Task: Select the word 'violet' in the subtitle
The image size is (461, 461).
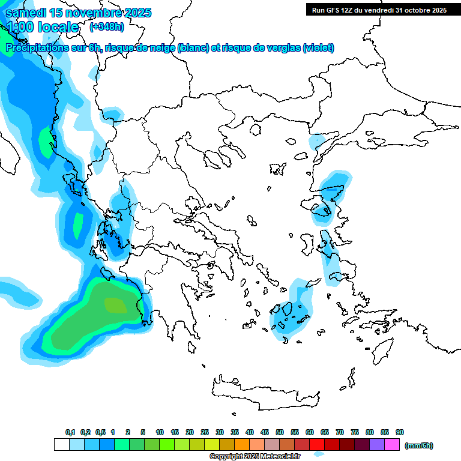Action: (x=318, y=48)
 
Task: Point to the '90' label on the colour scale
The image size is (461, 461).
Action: (x=399, y=432)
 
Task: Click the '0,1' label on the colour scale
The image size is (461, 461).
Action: (x=70, y=432)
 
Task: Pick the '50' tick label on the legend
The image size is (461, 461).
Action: (x=280, y=432)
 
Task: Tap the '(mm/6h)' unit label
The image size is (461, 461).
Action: (x=419, y=445)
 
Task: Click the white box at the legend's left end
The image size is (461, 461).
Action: (x=61, y=445)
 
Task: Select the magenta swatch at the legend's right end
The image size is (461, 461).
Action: (x=392, y=445)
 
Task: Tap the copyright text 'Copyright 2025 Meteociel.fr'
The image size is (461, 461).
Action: (x=255, y=456)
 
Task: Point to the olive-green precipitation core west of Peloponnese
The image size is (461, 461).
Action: (x=115, y=306)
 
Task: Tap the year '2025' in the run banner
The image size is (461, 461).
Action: (x=438, y=10)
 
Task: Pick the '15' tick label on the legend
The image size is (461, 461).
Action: (x=174, y=432)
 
